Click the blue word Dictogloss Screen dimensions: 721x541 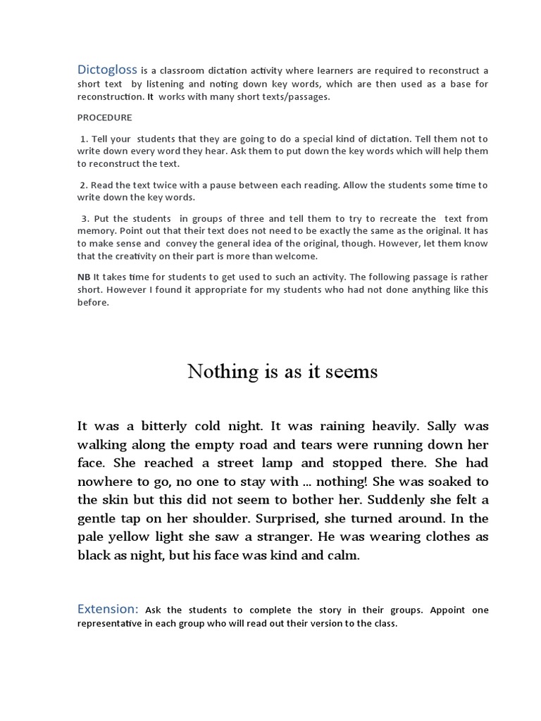tap(107, 70)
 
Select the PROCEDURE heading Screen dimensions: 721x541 tap(104, 118)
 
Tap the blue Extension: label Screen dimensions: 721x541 tap(108, 609)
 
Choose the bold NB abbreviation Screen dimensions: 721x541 tap(84, 277)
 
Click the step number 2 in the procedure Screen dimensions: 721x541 tap(83, 185)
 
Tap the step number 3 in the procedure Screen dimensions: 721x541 tap(83, 219)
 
